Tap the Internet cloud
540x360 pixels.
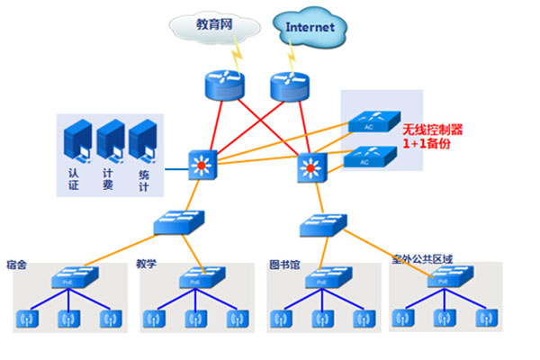click(x=310, y=27)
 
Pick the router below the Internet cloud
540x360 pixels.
click(x=290, y=85)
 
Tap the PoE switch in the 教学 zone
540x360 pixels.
click(x=195, y=278)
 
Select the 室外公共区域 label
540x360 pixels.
click(x=421, y=259)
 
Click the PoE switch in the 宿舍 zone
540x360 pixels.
click(x=68, y=278)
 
